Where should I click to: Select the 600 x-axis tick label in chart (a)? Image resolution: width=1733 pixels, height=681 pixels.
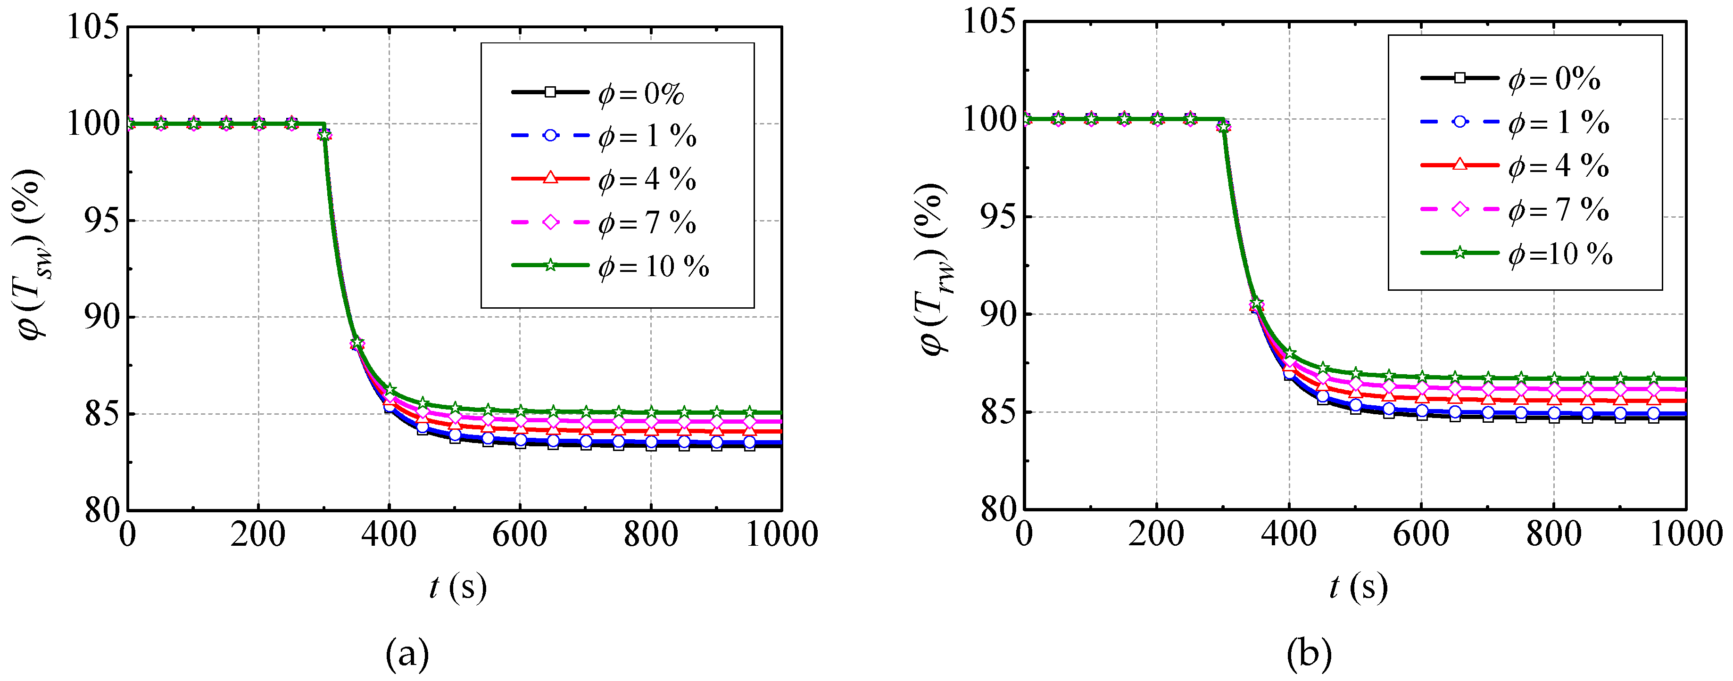[519, 535]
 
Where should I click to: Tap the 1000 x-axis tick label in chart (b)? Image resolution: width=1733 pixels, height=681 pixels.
[1686, 535]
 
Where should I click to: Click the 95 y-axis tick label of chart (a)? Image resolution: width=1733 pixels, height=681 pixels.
[101, 221]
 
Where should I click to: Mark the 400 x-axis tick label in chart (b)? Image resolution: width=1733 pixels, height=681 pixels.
[1288, 535]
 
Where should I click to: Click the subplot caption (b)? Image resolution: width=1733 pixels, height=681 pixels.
[1309, 653]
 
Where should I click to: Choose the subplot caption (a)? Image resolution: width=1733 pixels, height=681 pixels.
[407, 653]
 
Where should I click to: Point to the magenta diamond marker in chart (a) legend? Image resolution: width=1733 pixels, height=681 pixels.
[550, 222]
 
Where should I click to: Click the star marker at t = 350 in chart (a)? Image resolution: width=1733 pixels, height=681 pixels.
[357, 344]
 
